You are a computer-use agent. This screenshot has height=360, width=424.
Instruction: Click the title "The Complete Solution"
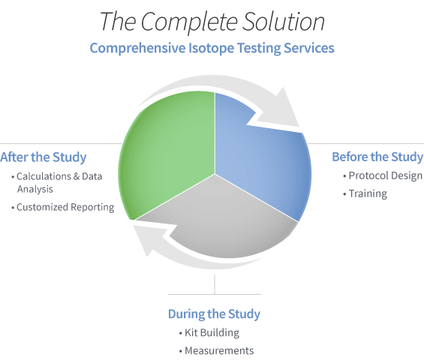click(212, 22)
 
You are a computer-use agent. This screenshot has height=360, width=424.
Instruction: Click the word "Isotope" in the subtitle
click(211, 48)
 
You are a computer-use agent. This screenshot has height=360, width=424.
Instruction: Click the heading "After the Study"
click(44, 157)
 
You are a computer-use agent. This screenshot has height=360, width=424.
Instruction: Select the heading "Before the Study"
click(377, 157)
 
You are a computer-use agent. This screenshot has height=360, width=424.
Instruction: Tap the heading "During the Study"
click(214, 314)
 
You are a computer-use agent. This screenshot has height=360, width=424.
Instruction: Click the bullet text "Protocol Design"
click(385, 175)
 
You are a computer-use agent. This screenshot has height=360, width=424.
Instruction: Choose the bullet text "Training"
click(368, 193)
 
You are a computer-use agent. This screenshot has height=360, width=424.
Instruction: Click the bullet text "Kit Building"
click(212, 333)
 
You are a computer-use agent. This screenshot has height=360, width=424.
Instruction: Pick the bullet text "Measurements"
click(219, 351)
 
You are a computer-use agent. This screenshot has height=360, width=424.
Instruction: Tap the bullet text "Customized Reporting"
click(65, 207)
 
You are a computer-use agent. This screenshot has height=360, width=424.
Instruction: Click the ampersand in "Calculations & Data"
click(77, 177)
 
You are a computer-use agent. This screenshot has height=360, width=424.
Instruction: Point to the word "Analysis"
click(35, 189)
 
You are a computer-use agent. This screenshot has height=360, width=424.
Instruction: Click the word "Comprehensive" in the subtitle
click(137, 48)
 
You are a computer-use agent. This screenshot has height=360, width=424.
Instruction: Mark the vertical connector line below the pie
click(215, 284)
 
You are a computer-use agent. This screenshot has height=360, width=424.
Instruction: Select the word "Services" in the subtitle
click(309, 48)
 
